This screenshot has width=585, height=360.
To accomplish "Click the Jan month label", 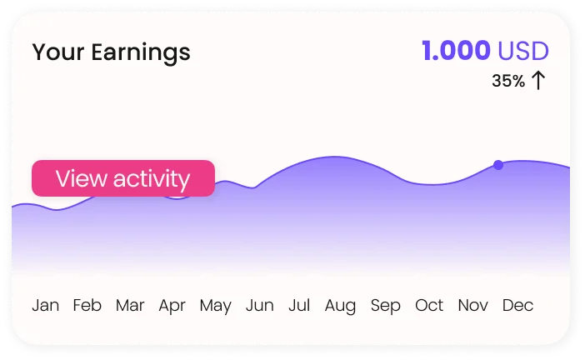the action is click(x=46, y=306).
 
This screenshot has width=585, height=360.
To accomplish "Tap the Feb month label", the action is click(x=87, y=305).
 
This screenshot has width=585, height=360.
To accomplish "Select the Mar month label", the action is click(x=130, y=305).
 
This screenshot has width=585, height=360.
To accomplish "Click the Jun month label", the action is click(x=260, y=305).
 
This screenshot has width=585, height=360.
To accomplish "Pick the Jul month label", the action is click(x=299, y=305).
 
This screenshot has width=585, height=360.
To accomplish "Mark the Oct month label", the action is click(x=429, y=305).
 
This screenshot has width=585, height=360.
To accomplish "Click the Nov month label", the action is click(x=472, y=305).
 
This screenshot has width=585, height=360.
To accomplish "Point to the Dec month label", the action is click(x=517, y=305).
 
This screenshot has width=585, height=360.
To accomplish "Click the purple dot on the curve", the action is click(x=498, y=165).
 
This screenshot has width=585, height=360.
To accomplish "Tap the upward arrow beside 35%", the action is click(x=538, y=81).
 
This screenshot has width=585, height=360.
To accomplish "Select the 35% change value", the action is click(x=508, y=81).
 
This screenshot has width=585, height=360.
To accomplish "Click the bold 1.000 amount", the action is click(x=456, y=51).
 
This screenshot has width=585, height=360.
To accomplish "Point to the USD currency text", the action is click(x=523, y=51).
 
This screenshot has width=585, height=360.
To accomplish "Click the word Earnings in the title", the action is click(x=141, y=53).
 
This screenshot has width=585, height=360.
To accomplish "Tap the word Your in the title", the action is click(x=58, y=52).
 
